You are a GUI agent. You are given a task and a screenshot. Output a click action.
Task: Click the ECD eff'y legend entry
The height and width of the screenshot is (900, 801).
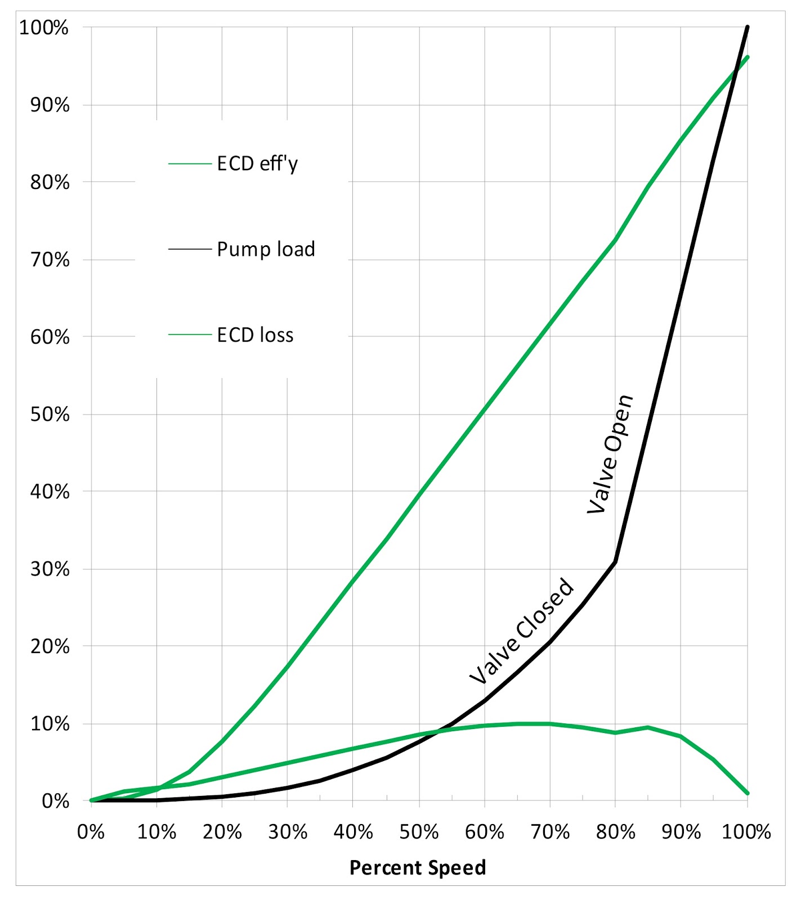tap(257, 164)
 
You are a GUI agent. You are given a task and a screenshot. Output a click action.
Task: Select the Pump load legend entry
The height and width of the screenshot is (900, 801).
tap(266, 249)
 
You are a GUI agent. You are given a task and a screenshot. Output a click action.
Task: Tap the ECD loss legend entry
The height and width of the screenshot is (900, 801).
tap(255, 335)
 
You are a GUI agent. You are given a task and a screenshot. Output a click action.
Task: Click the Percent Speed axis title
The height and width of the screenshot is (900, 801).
tap(418, 867)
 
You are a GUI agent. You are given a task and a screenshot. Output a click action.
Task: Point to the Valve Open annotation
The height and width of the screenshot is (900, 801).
tap(611, 454)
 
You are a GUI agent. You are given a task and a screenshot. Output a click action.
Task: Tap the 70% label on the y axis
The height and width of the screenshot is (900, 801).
tap(50, 260)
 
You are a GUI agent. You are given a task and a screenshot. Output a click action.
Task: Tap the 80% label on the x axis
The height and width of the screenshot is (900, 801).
tap(616, 831)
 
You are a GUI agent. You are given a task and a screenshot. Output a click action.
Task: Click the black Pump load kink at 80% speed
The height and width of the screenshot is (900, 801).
tap(616, 561)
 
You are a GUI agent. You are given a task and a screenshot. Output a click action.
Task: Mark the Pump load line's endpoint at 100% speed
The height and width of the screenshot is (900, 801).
tap(748, 27)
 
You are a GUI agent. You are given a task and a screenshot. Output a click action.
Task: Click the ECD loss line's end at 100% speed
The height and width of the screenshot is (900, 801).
tap(748, 793)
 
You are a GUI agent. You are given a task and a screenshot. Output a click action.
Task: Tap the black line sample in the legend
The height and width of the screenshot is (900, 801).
tap(189, 249)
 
